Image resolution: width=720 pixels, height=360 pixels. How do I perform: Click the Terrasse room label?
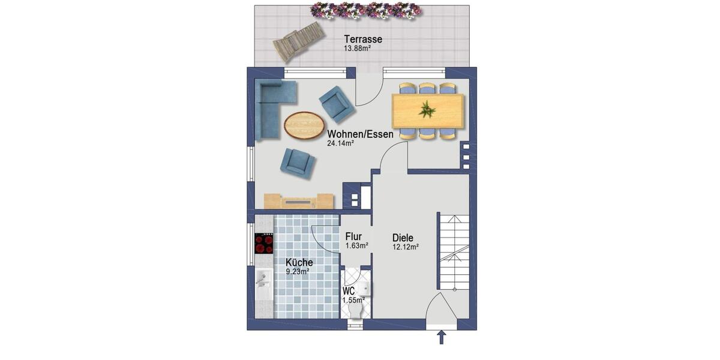tap(363, 40)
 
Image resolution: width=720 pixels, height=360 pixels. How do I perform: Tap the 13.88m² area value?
tap(357, 49)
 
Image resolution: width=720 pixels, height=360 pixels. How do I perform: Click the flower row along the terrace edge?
tap(364, 10)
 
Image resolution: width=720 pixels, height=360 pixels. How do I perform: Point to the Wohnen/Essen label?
tap(360, 134)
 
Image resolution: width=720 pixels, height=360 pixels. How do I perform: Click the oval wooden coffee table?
tap(303, 126)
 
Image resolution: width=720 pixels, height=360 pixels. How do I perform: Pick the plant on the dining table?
tap(427, 110)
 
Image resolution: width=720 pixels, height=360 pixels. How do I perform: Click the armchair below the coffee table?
tap(298, 163)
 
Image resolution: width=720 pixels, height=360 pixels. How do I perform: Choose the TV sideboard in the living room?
tap(299, 202)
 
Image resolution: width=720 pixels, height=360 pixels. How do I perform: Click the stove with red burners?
tap(264, 244)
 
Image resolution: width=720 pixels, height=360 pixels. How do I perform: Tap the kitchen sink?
tap(263, 278)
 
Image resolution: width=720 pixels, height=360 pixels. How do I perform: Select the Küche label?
tap(299, 263)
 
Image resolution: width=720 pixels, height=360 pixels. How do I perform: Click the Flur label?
tap(354, 236)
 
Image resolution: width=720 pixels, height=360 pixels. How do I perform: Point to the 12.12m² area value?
tap(405, 246)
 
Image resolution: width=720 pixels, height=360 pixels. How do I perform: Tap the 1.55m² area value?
tap(353, 300)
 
